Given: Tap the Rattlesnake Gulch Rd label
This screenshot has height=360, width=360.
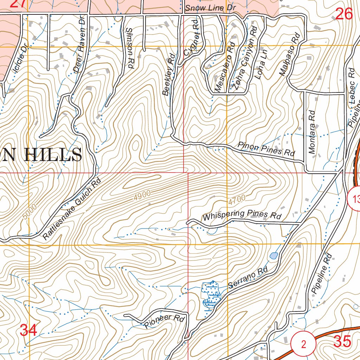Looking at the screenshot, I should [x=72, y=210].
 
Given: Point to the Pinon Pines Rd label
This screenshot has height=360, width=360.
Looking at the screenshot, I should [x=266, y=149].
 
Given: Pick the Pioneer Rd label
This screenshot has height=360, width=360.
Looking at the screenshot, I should [x=165, y=321].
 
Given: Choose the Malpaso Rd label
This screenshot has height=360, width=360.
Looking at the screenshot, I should [x=289, y=54].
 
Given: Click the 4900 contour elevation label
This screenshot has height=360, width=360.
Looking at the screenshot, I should [x=142, y=195].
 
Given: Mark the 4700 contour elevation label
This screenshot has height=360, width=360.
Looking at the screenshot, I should [x=236, y=200].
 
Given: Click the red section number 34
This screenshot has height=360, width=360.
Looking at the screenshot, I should [x=28, y=330].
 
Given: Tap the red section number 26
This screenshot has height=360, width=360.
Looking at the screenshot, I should [x=344, y=14].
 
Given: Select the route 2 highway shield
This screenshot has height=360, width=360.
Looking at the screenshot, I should [x=304, y=344].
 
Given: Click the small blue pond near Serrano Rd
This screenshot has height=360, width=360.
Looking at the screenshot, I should [x=274, y=256].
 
